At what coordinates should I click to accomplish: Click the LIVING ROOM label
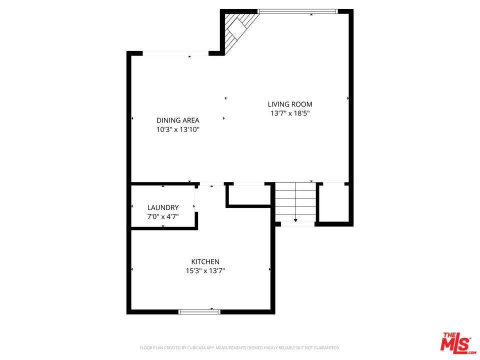[x=290, y=104]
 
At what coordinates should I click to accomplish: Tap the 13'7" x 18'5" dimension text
[x=290, y=113]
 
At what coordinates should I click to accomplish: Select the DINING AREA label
[x=178, y=120]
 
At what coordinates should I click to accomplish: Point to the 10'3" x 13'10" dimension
[x=178, y=129]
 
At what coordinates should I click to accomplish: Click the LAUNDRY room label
[x=163, y=207]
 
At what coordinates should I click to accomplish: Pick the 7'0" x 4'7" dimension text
[x=163, y=216]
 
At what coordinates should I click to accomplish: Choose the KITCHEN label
[x=205, y=262]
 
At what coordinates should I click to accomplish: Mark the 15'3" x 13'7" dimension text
[x=205, y=271]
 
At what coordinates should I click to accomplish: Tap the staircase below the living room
[x=296, y=202]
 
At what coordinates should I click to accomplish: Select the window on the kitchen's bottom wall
[x=199, y=311]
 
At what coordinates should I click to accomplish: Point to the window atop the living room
[x=297, y=11]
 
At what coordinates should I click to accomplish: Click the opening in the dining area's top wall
[x=175, y=53]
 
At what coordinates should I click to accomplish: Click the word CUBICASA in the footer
[x=199, y=347]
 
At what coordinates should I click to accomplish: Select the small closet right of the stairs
[x=333, y=202]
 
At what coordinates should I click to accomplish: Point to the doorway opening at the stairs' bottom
[x=297, y=224]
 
